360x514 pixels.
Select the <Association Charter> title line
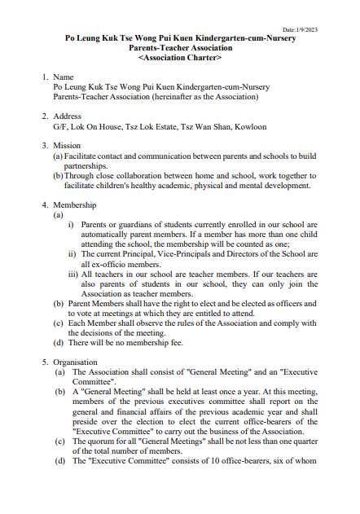pos(179,59)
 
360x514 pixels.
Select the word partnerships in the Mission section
pos(91,165)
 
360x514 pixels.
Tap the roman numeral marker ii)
pos(72,254)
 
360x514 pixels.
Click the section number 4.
pos(45,205)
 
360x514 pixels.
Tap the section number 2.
pos(45,116)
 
